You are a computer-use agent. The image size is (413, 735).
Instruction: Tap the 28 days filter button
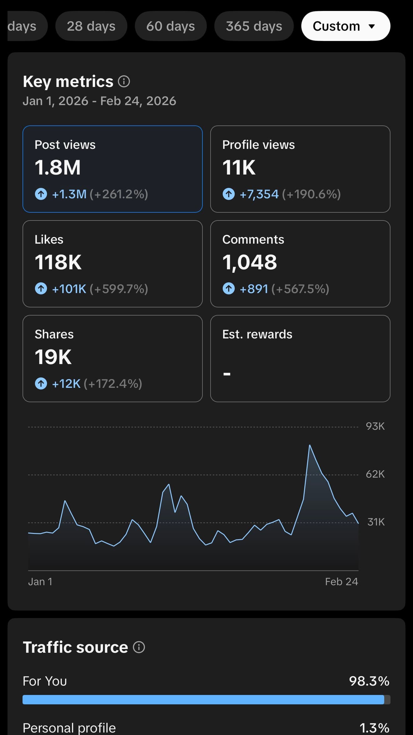tap(91, 26)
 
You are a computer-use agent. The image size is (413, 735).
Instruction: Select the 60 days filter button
tap(171, 26)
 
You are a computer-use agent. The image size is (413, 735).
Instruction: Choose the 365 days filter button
tap(254, 26)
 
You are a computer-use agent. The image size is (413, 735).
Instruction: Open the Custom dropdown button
tap(346, 26)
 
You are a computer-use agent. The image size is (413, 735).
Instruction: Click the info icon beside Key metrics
tap(124, 82)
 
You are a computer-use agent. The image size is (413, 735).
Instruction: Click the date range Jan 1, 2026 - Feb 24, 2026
tap(99, 101)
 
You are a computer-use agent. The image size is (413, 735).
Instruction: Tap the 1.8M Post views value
tap(58, 167)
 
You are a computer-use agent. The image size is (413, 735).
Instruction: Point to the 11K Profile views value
tap(239, 167)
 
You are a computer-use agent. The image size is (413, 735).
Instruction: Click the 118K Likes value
tap(58, 262)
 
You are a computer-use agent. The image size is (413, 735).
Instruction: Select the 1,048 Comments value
tap(250, 262)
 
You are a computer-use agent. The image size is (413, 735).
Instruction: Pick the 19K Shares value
tap(53, 357)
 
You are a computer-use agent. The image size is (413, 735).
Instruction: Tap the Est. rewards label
tap(257, 334)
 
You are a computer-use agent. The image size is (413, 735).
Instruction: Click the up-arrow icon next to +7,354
tap(229, 194)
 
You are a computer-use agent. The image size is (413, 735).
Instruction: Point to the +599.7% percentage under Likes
tap(119, 289)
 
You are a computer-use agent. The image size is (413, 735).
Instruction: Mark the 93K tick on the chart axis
tap(375, 426)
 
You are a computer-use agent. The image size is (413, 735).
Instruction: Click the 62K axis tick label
tap(375, 474)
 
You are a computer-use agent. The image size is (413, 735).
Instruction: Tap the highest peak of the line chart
tap(310, 445)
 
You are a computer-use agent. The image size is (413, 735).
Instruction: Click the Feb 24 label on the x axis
tap(341, 582)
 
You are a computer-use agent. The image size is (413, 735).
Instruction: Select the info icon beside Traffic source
tap(139, 647)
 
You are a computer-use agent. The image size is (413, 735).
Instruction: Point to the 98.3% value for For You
tap(369, 681)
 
